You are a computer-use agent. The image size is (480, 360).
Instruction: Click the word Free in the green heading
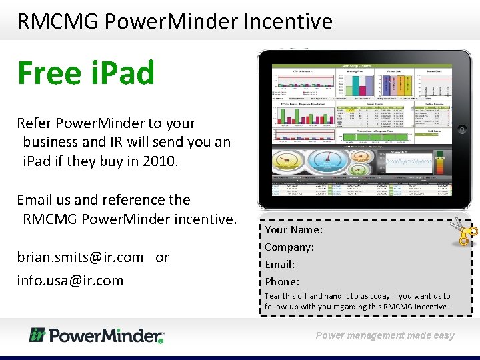click(47, 73)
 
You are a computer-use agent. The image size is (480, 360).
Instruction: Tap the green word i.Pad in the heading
click(120, 73)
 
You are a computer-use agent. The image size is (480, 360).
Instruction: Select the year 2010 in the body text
click(159, 161)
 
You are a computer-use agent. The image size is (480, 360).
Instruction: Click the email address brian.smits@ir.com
click(80, 257)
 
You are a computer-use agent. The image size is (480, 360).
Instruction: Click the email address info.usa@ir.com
click(70, 281)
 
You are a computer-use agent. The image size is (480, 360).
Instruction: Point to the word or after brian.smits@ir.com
click(162, 257)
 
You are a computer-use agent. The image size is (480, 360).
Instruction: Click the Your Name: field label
click(294, 230)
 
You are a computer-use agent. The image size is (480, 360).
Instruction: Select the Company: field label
click(289, 247)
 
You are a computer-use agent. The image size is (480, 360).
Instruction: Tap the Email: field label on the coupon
click(280, 265)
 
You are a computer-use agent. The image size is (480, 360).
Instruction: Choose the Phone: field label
click(282, 282)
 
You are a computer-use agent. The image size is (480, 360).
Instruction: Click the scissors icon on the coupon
click(464, 231)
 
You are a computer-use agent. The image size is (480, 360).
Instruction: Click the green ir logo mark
click(37, 335)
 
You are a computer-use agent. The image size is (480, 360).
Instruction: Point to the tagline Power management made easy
click(385, 336)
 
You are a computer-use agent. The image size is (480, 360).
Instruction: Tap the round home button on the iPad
click(462, 129)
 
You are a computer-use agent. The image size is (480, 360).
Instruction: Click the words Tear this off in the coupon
click(286, 296)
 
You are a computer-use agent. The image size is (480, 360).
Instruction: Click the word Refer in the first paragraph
click(31, 123)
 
